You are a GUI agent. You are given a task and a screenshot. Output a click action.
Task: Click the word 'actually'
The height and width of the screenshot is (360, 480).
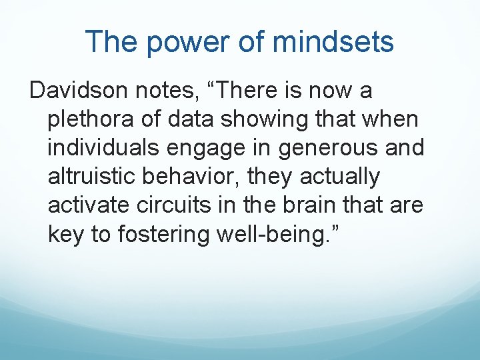[340, 177]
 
